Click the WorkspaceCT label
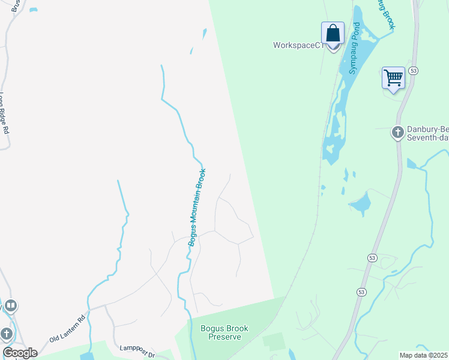[x=298, y=45]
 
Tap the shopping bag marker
[x=333, y=34]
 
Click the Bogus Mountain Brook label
[x=197, y=207]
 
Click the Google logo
[x=20, y=353]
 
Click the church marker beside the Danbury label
[x=397, y=132]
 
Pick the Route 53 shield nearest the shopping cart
[x=413, y=71]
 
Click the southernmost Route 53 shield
[x=361, y=292]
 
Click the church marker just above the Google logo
[x=7, y=333]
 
